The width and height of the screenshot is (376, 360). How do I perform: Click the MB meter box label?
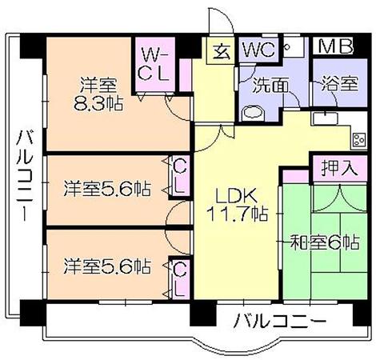336,46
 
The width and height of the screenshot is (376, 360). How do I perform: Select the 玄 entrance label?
222,52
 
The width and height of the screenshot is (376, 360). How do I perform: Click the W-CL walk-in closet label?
154,64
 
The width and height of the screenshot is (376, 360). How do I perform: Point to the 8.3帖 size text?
98,103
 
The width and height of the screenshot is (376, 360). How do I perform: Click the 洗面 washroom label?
270,86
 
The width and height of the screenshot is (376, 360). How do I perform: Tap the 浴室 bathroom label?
339,84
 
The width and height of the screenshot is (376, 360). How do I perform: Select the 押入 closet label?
339,168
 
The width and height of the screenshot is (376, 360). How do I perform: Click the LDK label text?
237,196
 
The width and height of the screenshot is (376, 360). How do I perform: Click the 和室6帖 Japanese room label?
325,242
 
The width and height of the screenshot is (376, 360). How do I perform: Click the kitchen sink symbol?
325,118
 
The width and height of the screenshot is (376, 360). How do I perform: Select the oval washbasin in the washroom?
254,113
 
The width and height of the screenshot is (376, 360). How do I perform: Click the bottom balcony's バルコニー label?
279,320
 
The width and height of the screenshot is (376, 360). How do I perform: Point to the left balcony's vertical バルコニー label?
26,175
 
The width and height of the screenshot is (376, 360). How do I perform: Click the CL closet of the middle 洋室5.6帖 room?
179,177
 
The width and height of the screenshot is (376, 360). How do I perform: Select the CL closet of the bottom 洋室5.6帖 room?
179,278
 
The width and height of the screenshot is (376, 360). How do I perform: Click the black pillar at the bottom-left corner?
32,313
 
